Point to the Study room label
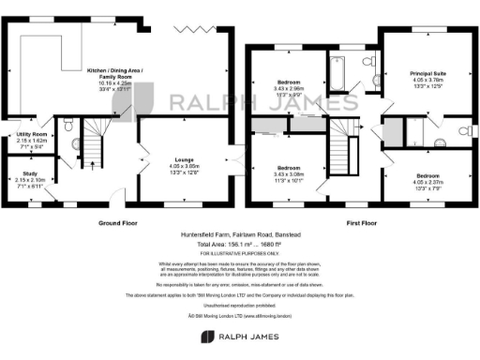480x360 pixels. [x=30, y=179]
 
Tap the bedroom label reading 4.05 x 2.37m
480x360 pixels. [x=427, y=183]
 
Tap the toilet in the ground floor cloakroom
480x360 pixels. [x=72, y=144]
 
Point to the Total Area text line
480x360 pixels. [x=240, y=245]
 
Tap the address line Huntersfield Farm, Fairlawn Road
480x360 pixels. [x=240, y=236]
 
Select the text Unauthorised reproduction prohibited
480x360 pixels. [x=240, y=305]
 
